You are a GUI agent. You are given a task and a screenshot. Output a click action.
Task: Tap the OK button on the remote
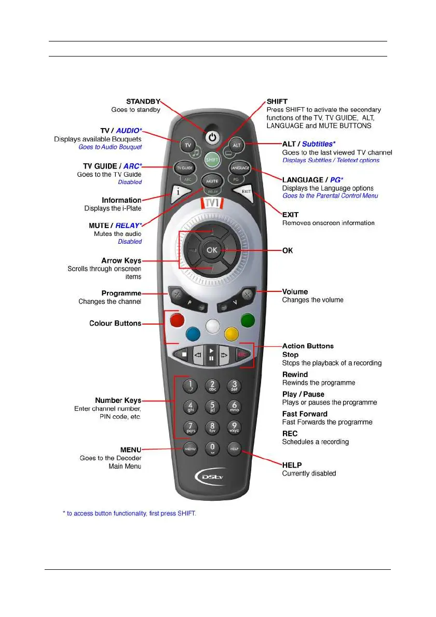(211, 250)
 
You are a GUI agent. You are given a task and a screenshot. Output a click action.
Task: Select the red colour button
(176, 320)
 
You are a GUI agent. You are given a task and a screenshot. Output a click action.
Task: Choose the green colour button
(248, 320)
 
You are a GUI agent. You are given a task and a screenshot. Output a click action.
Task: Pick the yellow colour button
(232, 332)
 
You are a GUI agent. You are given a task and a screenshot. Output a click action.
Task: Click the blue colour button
(193, 332)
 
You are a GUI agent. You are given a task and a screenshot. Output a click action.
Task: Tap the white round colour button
(212, 326)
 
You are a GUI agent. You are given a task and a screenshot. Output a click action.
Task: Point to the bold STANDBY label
(143, 101)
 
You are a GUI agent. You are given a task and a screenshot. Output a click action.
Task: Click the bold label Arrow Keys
(121, 261)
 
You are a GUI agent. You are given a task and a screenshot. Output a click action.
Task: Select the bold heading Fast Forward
(305, 414)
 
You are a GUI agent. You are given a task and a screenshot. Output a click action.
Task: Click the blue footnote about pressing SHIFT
(129, 513)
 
